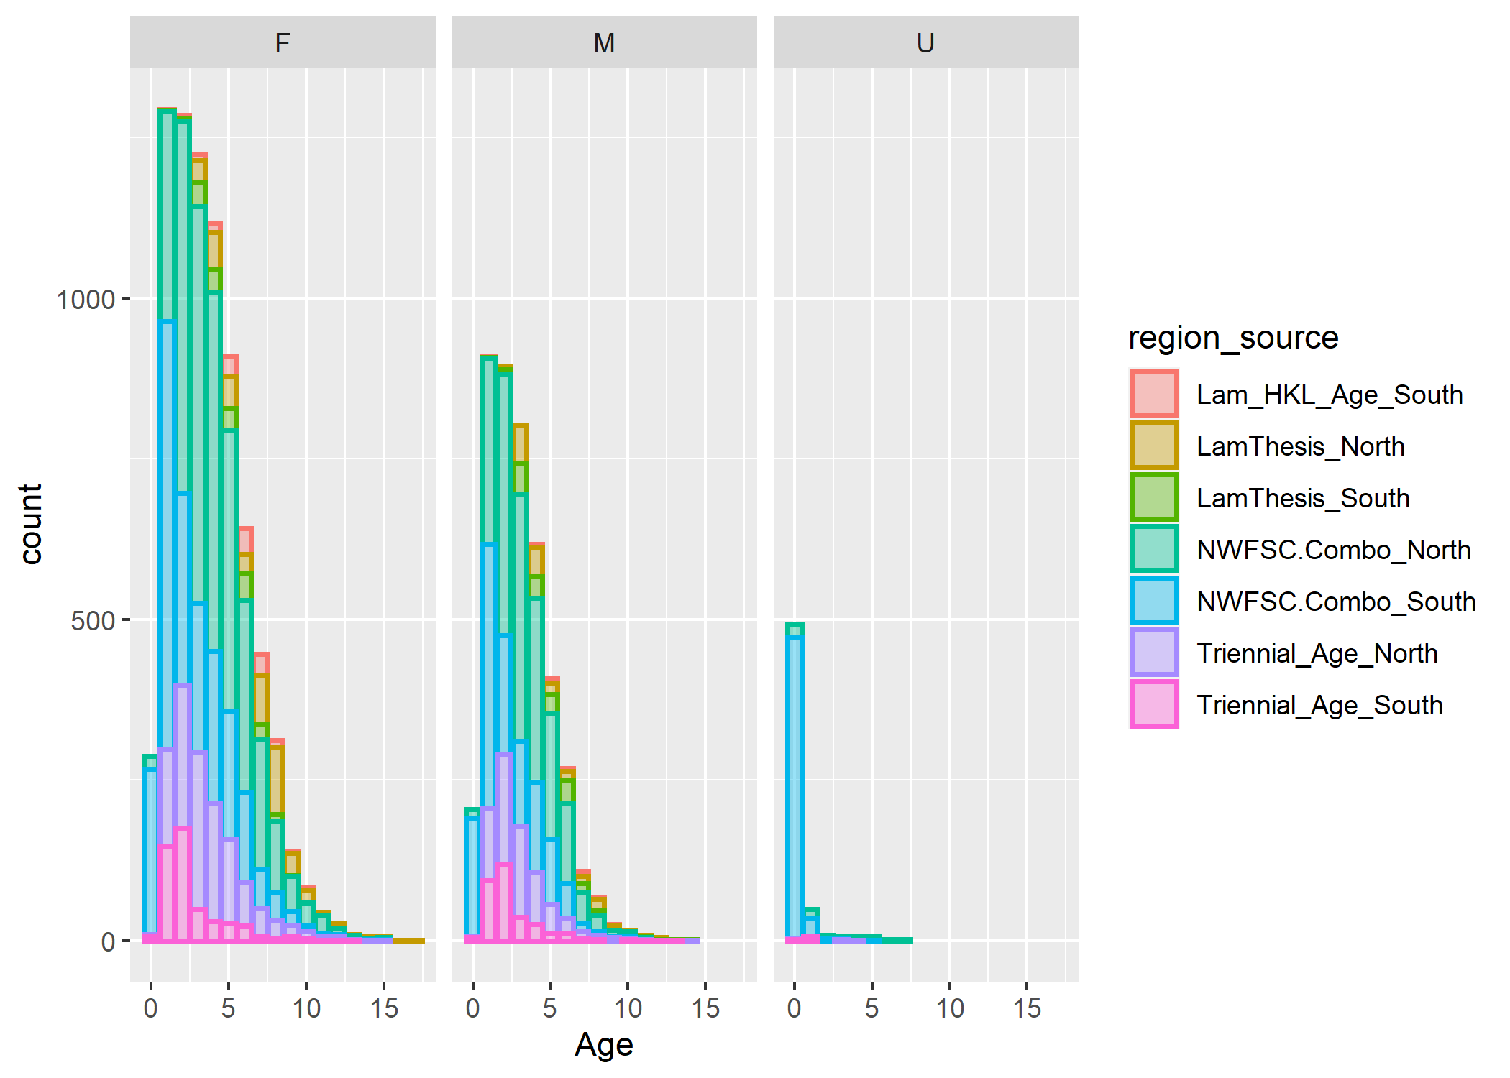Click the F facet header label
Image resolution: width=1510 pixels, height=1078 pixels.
[282, 43]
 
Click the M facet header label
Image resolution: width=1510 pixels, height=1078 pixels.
[604, 43]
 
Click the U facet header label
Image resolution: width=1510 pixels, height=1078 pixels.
[925, 43]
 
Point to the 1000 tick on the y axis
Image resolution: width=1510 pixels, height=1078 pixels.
[86, 299]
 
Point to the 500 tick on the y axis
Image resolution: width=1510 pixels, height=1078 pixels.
[93, 620]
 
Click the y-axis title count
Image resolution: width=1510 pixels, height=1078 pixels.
[31, 524]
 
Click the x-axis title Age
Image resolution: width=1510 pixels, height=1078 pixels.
[604, 1044]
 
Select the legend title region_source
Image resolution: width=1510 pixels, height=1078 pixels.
[1233, 338]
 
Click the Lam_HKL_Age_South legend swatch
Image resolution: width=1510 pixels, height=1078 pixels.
[1154, 394]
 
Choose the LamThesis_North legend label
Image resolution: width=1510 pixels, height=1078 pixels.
[1300, 446]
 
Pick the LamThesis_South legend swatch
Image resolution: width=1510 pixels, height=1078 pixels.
[1154, 497]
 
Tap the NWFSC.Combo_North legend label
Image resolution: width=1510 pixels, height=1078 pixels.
[1333, 550]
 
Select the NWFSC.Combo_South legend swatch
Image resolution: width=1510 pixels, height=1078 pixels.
[1154, 601]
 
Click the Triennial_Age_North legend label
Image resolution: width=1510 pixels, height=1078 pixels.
[1317, 653]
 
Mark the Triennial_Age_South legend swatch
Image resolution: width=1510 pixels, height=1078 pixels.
[1154, 704]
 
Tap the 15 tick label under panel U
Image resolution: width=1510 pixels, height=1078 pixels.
[1027, 1008]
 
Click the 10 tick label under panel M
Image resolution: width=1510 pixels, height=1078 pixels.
[628, 1008]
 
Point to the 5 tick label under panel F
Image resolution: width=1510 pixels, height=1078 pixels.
[228, 1008]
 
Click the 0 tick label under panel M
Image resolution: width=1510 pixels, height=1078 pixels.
[472, 1008]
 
